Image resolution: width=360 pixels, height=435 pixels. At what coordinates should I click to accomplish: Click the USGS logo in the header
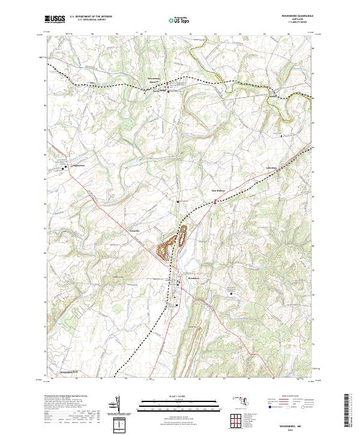tap(55, 19)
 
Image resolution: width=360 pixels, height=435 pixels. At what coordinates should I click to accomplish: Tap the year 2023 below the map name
tap(300, 428)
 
